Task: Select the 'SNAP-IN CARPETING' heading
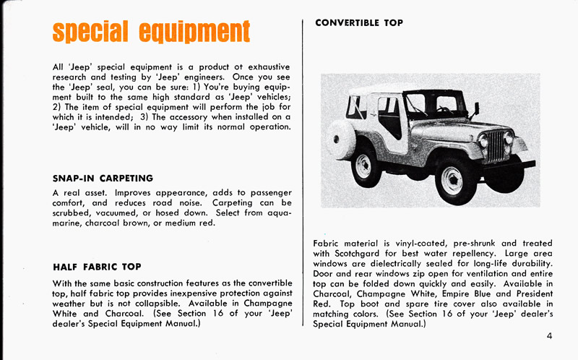103,178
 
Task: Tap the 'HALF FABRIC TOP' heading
97,267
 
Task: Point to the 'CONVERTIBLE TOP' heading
359,23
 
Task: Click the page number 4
550,335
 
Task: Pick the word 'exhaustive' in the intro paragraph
264,67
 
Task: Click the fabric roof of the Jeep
405,88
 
